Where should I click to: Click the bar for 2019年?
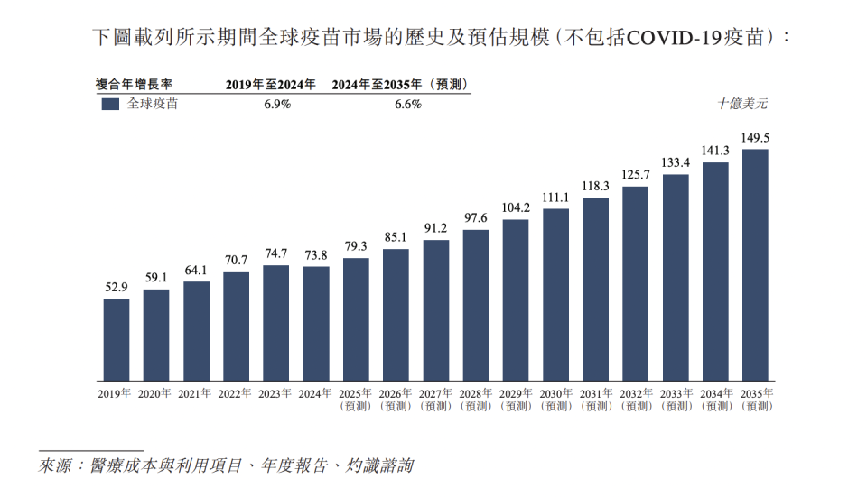point(116,339)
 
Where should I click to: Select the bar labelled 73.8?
point(316,323)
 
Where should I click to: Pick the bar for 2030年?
point(555,294)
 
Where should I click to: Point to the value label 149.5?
point(755,138)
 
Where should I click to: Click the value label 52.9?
point(116,288)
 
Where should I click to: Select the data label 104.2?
point(516,208)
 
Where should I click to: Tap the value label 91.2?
point(435,228)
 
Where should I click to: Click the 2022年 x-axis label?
point(236,394)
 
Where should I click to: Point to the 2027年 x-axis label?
point(435,394)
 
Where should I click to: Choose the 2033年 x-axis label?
point(676,394)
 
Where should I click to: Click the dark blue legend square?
point(110,104)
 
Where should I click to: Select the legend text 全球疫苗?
point(153,104)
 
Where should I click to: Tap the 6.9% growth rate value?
point(277,104)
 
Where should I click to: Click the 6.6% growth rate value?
point(408,104)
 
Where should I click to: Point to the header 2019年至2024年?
point(271,85)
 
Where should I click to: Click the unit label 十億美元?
point(742,104)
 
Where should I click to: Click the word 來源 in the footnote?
point(57,466)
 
